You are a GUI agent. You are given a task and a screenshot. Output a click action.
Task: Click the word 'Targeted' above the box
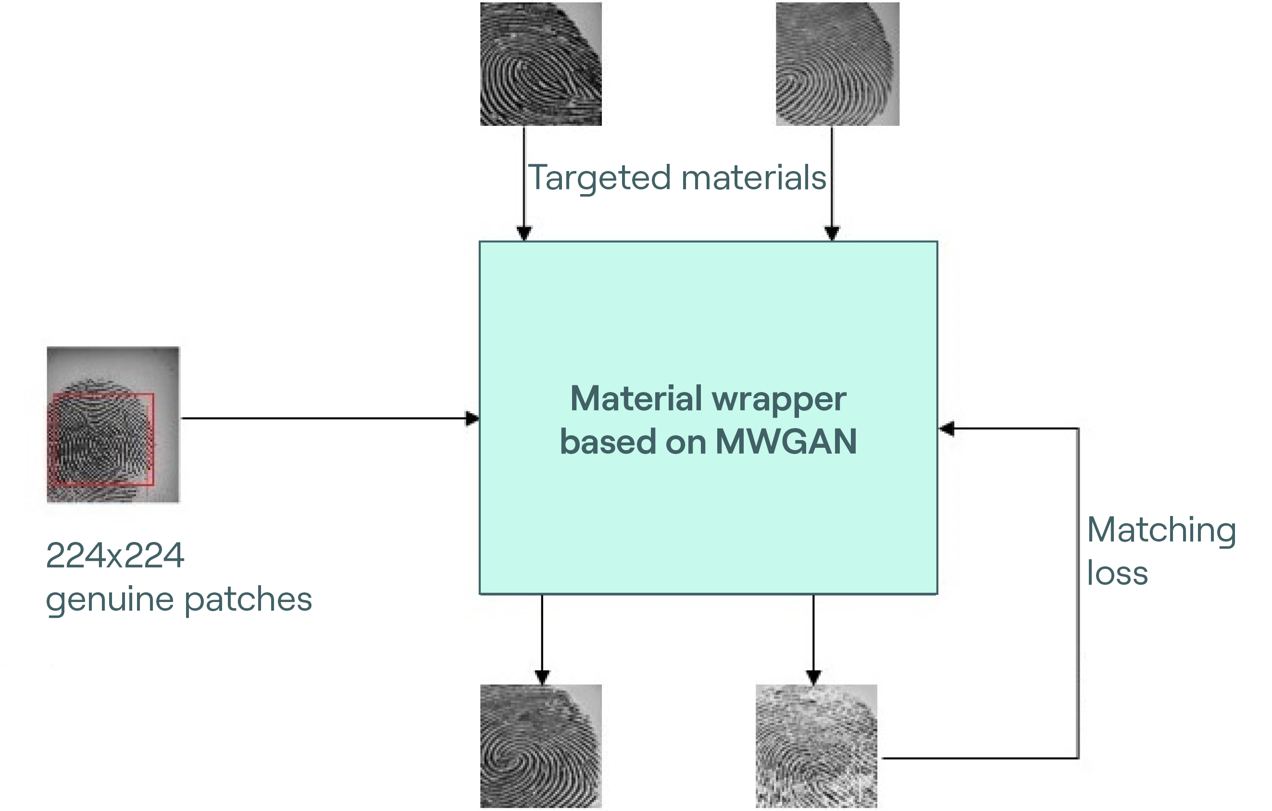pos(600,178)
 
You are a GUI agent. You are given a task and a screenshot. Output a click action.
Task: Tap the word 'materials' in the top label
pos(754,178)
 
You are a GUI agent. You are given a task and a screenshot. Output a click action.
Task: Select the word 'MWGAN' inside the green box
pos(786,442)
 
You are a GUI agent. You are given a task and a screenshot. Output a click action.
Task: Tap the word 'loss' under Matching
pos(1117,573)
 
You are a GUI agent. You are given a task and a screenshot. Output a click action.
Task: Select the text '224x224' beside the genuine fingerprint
pos(115,555)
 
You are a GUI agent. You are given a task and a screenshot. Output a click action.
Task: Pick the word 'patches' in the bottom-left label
pos(248,601)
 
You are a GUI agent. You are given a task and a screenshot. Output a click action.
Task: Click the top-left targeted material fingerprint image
pos(540,64)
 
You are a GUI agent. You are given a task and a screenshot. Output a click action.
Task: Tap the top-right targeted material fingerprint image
pos(837,64)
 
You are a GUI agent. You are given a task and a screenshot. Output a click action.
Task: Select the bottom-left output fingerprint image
pos(540,746)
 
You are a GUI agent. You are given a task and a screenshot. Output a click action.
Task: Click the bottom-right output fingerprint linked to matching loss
pos(816,746)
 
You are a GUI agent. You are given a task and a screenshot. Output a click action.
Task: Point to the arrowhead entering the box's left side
pos(472,418)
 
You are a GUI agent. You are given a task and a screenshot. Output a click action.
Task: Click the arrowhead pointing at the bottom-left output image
pos(542,676)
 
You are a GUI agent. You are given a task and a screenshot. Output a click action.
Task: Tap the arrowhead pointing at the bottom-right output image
pos(813,676)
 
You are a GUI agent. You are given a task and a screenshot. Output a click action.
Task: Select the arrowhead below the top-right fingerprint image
pos(832,233)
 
